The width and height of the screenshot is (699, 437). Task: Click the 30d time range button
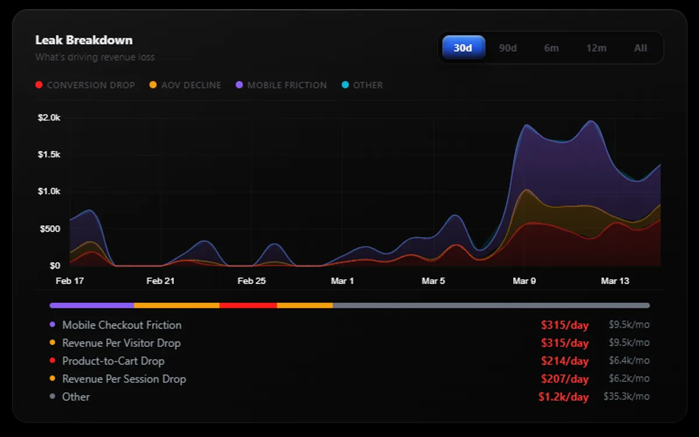[463, 48]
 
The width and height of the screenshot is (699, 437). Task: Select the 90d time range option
[508, 48]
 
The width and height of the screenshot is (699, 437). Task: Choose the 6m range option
[552, 48]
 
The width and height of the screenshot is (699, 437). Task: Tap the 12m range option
[596, 48]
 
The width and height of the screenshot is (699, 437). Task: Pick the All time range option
[641, 48]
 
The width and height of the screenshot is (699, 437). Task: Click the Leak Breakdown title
[84, 40]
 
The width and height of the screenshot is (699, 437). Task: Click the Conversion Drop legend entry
[90, 85]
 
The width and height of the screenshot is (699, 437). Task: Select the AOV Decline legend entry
[191, 85]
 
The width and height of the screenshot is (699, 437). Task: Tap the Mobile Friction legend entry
[287, 85]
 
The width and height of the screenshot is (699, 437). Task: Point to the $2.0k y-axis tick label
[49, 118]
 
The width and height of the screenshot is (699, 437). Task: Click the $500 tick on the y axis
[50, 229]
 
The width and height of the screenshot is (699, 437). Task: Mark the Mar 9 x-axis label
[524, 281]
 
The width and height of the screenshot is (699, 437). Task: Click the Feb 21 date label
[161, 281]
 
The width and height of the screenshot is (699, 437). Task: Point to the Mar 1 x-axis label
[343, 281]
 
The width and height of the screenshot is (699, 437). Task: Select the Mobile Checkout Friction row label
[122, 325]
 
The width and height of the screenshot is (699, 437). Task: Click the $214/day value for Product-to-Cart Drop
[564, 361]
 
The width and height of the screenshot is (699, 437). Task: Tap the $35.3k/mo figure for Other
[629, 397]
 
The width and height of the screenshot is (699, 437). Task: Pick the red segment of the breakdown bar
[248, 305]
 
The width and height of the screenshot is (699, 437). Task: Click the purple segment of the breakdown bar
[92, 305]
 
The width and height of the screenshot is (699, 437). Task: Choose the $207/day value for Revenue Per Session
[564, 379]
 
